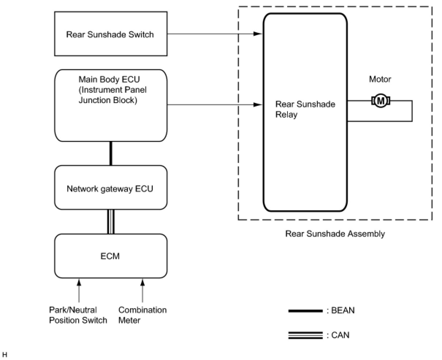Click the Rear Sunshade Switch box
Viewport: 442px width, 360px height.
point(111,34)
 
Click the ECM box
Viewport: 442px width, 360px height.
point(111,256)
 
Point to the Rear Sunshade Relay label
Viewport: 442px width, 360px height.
point(305,110)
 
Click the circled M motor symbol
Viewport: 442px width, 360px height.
point(381,101)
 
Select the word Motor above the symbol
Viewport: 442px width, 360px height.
point(380,79)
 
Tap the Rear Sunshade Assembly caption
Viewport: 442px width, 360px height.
point(335,234)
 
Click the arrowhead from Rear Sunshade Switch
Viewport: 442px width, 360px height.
point(258,34)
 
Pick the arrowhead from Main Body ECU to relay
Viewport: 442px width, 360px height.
point(258,105)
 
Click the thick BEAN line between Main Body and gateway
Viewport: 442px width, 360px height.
point(111,153)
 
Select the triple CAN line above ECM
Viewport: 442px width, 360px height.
point(111,222)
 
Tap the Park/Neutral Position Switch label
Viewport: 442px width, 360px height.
point(78,315)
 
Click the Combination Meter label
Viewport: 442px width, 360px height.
point(142,315)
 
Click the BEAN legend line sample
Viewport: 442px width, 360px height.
point(305,311)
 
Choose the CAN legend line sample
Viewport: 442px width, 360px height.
point(305,335)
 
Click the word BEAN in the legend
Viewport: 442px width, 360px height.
point(343,311)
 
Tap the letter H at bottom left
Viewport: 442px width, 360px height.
point(5,354)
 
